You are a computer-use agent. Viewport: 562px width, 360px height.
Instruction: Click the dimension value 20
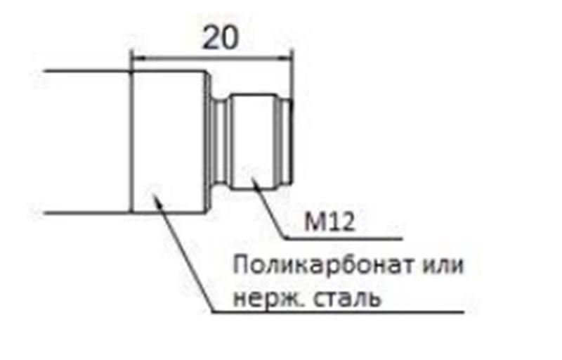[x=220, y=37]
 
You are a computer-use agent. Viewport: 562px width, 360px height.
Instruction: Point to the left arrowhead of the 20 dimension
[x=136, y=59]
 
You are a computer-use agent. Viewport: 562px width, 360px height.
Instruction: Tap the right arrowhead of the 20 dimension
[x=288, y=59]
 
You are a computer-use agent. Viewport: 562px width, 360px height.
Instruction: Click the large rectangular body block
[x=170, y=141]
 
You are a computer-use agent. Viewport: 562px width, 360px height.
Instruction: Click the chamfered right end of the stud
[x=287, y=141]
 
